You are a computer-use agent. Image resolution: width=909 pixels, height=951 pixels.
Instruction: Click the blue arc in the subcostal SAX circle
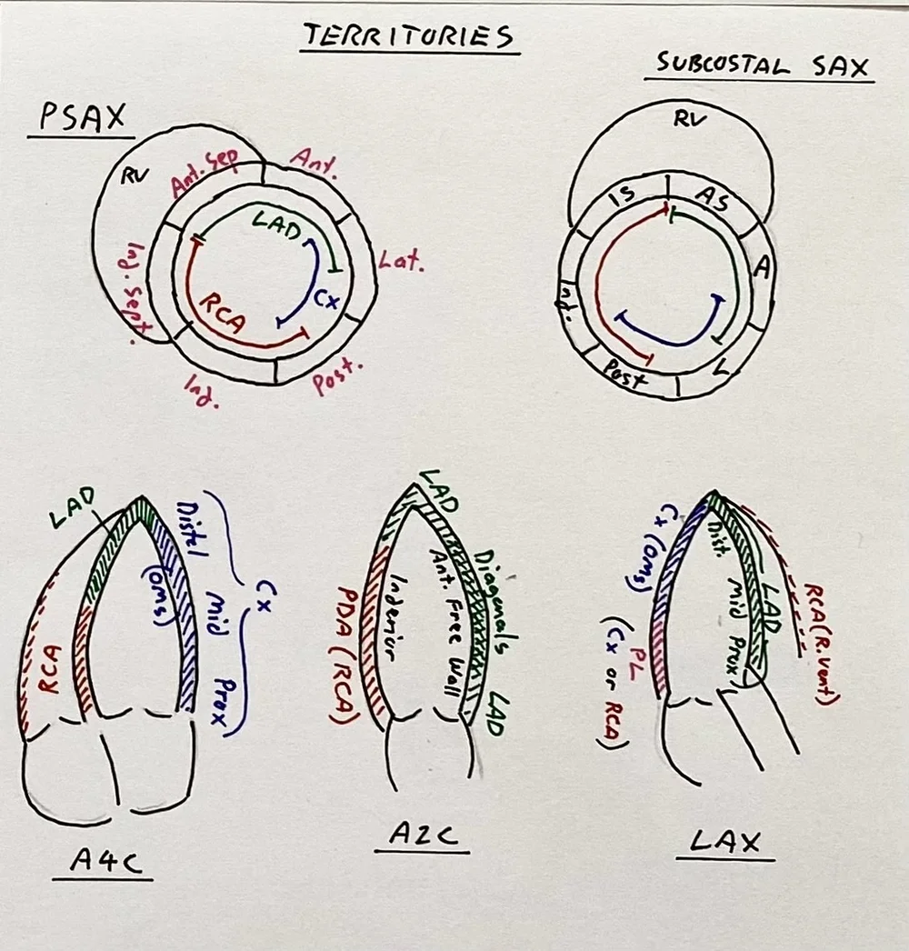pos(674,332)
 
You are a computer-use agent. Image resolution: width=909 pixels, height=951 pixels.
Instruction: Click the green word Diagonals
pos(488,595)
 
